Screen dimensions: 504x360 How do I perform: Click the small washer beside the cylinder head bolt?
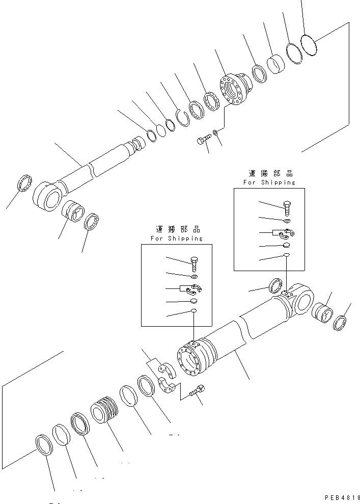tap(217, 133)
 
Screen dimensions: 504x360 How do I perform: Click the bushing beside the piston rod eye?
tap(73, 210)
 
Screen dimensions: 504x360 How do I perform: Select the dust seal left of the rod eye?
tap(25, 183)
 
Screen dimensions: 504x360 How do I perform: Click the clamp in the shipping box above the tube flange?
tap(193, 290)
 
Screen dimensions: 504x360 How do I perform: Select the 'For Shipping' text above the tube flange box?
tap(176, 238)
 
